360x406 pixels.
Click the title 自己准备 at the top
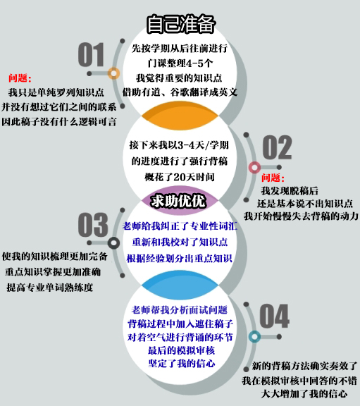(x=180, y=24)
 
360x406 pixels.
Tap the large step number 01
(x=91, y=55)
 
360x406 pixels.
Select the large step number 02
(x=277, y=147)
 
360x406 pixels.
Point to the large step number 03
(x=93, y=224)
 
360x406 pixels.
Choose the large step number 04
(x=274, y=316)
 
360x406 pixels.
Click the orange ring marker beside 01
(x=113, y=73)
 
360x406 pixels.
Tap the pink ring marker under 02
(x=254, y=167)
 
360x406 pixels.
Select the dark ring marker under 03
(x=113, y=243)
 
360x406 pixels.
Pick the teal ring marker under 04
(x=254, y=337)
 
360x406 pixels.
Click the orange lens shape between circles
(x=180, y=116)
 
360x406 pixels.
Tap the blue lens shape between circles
(x=180, y=285)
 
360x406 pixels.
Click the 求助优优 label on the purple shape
(x=178, y=201)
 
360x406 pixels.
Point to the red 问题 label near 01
(x=20, y=78)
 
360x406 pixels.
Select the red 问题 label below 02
(x=273, y=178)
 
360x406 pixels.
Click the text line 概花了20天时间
(x=180, y=177)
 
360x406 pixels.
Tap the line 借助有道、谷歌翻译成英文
(x=180, y=92)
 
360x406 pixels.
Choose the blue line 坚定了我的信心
(x=182, y=364)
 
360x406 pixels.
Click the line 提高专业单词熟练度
(x=50, y=287)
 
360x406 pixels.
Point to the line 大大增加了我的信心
(x=304, y=393)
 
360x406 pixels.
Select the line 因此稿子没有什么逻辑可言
(x=59, y=121)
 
